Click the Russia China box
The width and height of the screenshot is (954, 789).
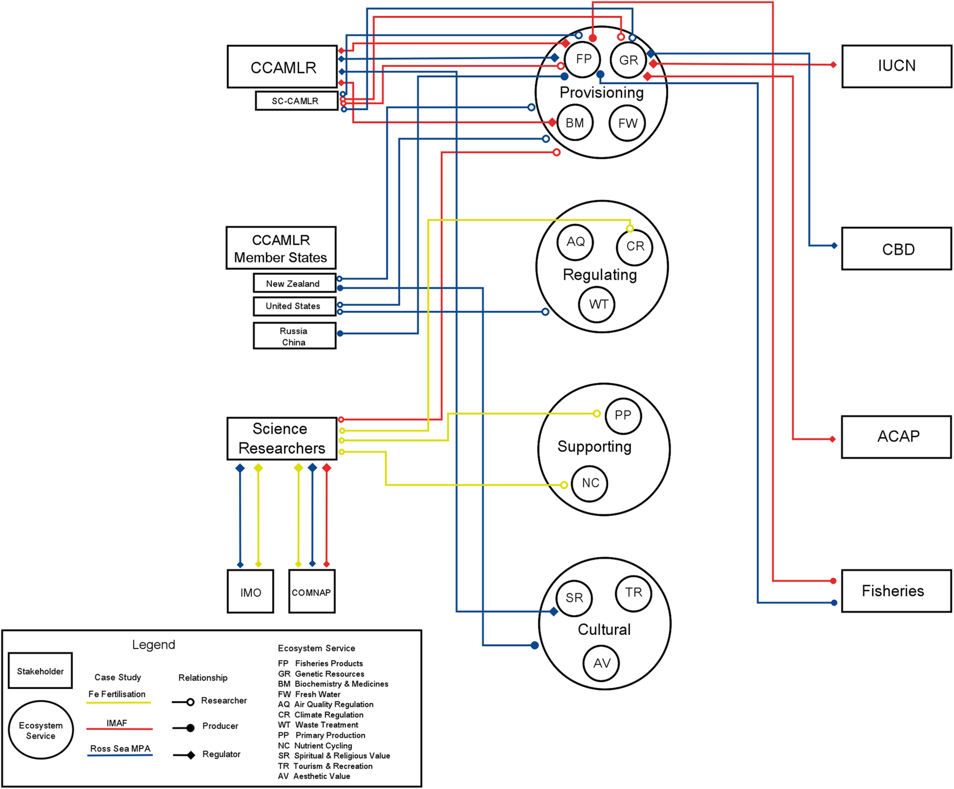(x=294, y=336)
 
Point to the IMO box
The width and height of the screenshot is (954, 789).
(x=250, y=592)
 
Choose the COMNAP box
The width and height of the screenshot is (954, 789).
(x=312, y=592)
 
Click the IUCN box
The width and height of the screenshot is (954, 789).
(x=896, y=66)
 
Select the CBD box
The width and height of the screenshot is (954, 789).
(x=896, y=249)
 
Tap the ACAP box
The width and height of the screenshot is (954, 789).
(x=896, y=436)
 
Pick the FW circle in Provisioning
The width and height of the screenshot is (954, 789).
(x=627, y=123)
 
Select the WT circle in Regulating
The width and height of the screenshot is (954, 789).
(x=597, y=304)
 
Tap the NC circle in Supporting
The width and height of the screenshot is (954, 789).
(x=590, y=483)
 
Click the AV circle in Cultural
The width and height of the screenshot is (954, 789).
(x=601, y=663)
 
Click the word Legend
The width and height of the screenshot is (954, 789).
(x=153, y=644)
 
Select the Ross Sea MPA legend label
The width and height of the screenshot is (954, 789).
(x=120, y=748)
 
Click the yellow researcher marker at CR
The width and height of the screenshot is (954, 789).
(x=630, y=229)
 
